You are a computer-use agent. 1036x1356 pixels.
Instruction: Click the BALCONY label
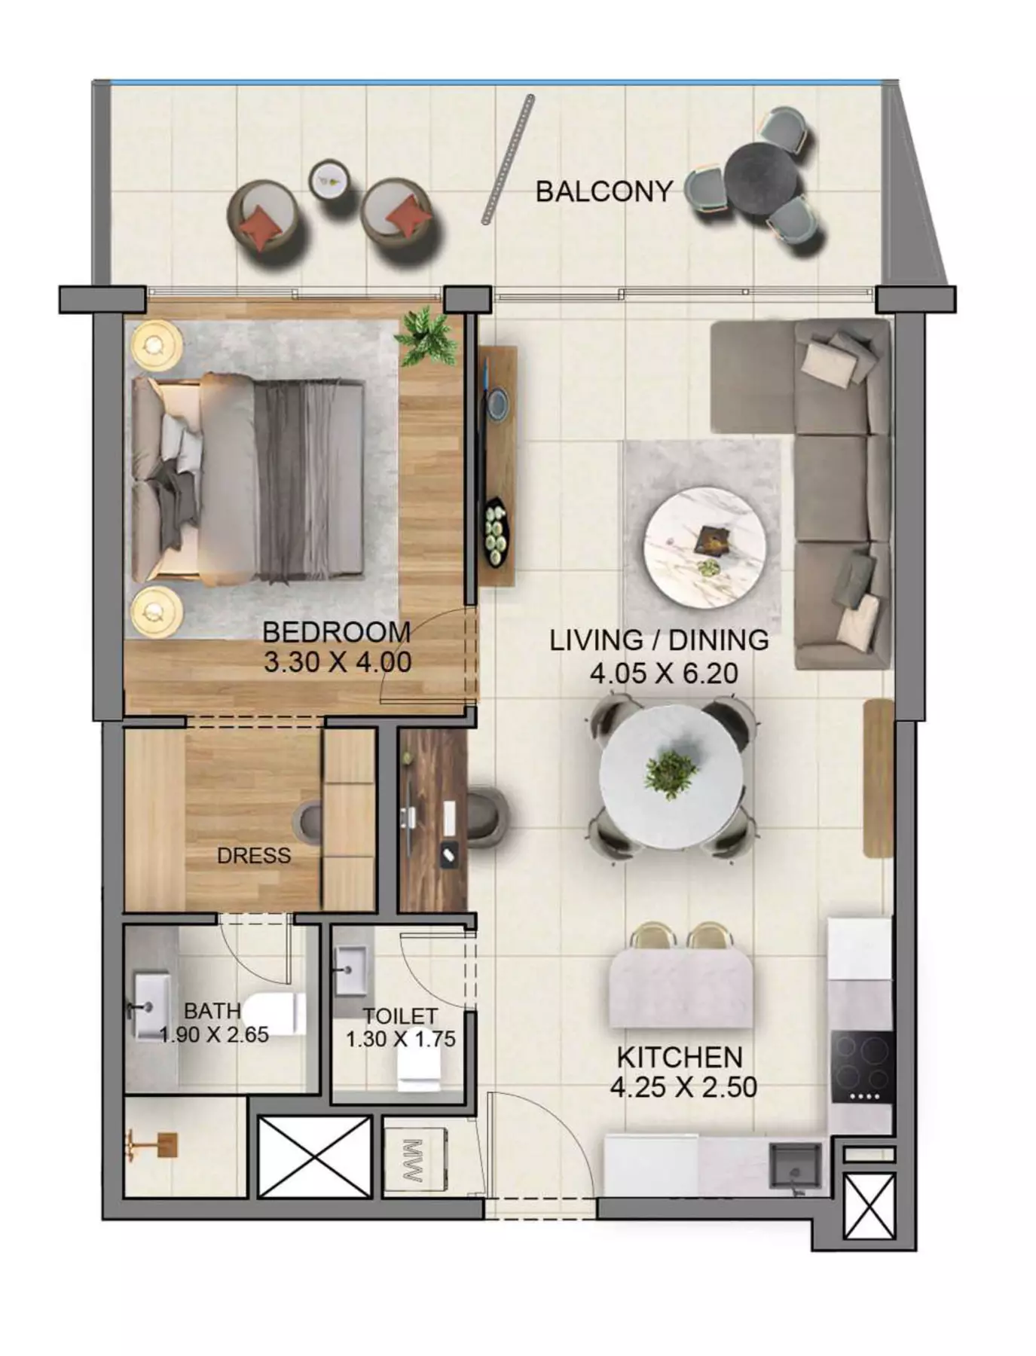[x=604, y=191]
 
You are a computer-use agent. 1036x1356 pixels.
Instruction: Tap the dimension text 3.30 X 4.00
[x=338, y=662]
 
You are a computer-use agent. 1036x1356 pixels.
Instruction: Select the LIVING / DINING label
[x=659, y=640]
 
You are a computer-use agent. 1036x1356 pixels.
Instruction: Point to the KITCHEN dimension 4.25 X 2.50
[x=683, y=1087]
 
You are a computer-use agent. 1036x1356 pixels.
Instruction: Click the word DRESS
[x=254, y=855]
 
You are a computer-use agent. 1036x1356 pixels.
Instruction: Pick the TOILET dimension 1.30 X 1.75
[x=401, y=1039]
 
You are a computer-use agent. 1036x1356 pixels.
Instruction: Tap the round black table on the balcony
[x=762, y=180]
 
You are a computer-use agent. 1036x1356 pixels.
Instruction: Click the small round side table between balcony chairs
[x=329, y=179]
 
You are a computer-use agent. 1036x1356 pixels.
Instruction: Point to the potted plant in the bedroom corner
[x=427, y=337]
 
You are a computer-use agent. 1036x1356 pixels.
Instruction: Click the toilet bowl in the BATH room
[x=274, y=1012]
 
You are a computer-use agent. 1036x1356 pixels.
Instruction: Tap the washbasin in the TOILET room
[x=351, y=970]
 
